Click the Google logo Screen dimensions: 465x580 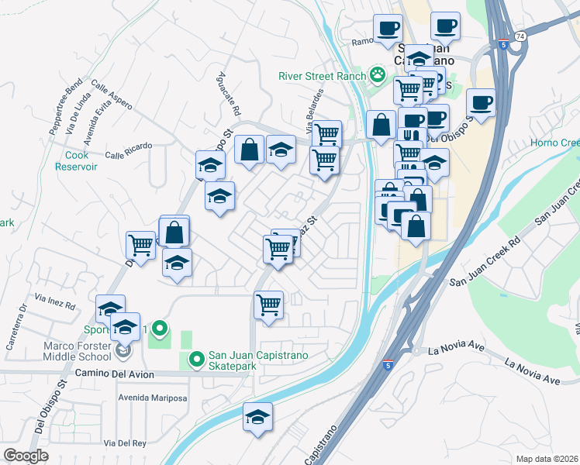26,456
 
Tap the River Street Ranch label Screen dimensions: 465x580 323,76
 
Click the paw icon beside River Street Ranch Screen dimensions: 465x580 378,75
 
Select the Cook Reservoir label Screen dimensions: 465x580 76,160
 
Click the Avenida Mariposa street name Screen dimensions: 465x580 153,398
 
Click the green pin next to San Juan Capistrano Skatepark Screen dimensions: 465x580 196,360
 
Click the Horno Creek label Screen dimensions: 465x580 555,143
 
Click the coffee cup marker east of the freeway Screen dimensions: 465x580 481,103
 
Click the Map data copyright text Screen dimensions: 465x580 546,458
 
